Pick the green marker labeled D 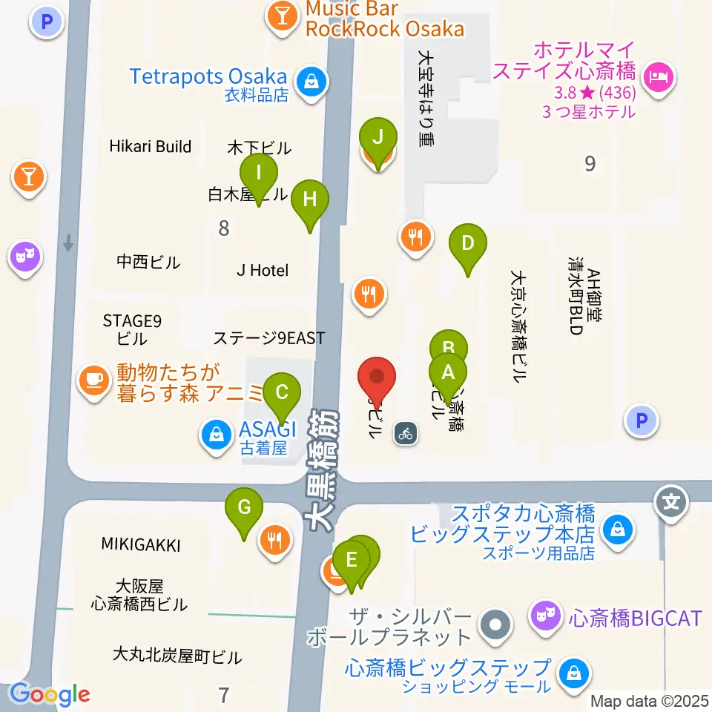[x=468, y=244]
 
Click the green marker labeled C [x=281, y=393]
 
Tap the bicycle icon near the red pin [x=404, y=432]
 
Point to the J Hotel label [x=263, y=271]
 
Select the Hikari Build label [x=151, y=146]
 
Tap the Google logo [x=50, y=694]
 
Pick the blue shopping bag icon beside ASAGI [x=216, y=435]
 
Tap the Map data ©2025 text [x=650, y=700]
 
